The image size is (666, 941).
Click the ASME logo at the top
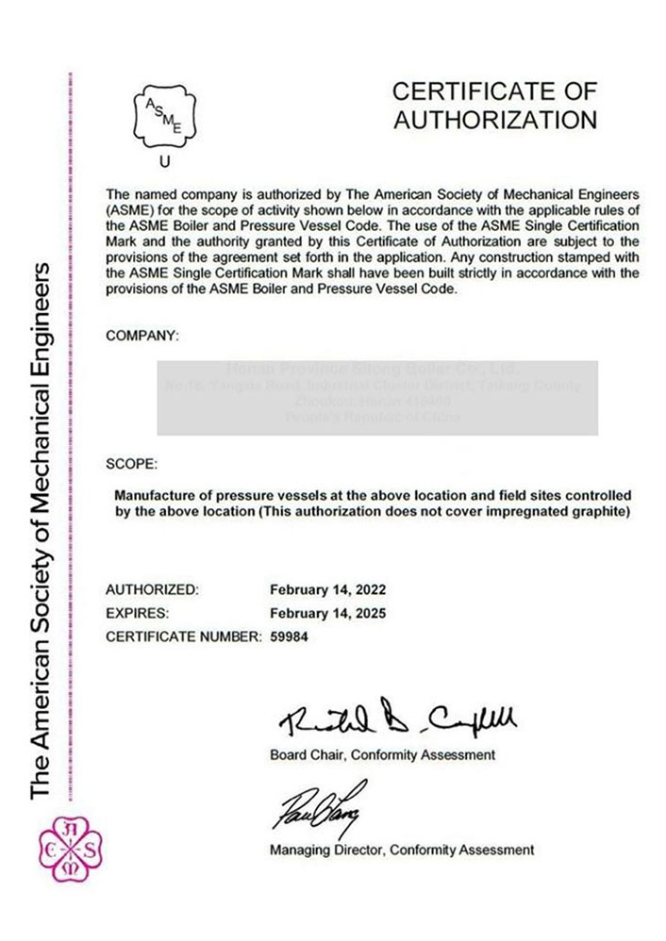pos(165,118)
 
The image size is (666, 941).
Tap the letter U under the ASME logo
pos(165,162)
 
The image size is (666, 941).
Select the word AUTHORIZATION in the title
pos(494,121)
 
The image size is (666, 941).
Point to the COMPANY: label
pos(142,335)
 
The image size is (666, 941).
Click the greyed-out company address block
pos(375,397)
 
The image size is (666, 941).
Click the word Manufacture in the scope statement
pos(155,495)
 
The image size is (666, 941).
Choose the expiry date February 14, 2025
pos(327,613)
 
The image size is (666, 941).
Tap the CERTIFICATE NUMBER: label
pos(182,636)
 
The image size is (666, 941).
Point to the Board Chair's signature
pos(397,721)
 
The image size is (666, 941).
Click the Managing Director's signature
pos(318,806)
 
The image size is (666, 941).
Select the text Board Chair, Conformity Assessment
pos(382,755)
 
